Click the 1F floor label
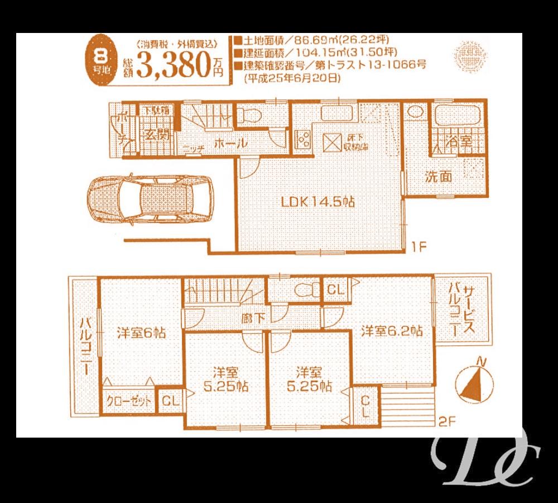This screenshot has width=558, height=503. (420, 245)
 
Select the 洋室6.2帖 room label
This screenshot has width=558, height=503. (391, 331)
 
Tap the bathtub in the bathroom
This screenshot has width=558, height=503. (457, 116)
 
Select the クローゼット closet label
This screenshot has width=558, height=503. (129, 401)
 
